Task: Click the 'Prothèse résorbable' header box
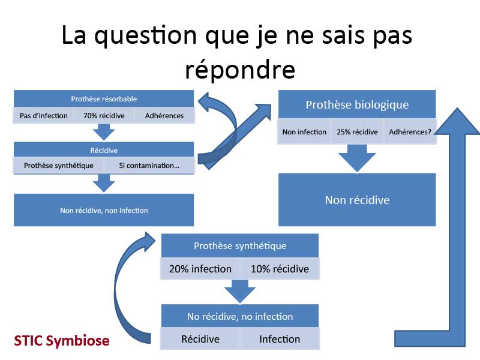(104, 98)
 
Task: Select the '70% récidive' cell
(104, 116)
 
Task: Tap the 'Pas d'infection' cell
(43, 116)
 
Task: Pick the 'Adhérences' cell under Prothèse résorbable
(164, 116)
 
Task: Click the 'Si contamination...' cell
(149, 166)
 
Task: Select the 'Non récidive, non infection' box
(104, 211)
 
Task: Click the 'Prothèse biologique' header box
(357, 104)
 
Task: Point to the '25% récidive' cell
(357, 132)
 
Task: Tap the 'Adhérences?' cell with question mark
(410, 132)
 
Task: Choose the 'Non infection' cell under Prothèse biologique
(304, 132)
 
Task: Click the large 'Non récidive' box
(357, 200)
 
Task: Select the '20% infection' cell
(200, 269)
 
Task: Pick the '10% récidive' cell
(280, 269)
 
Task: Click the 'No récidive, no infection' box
(240, 316)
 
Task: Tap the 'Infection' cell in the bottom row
(280, 339)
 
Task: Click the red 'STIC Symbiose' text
(62, 341)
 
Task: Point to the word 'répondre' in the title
(240, 70)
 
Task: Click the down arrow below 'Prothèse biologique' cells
(357, 158)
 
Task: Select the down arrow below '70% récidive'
(104, 132)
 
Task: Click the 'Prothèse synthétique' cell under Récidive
(58, 166)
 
